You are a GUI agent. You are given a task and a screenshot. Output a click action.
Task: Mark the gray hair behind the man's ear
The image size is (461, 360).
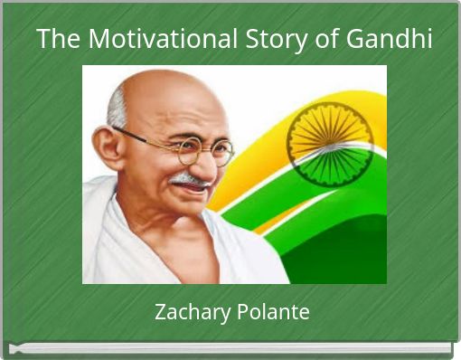[x=116, y=109]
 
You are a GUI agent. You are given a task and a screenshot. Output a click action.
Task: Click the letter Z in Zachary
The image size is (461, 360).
[x=160, y=313]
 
